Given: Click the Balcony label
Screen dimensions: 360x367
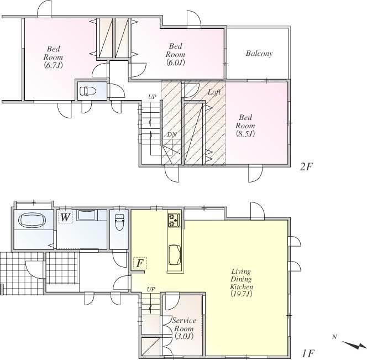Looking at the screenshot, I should [259, 54].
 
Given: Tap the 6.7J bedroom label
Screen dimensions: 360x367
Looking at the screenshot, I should [54, 57].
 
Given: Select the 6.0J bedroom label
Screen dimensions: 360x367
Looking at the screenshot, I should [176, 54].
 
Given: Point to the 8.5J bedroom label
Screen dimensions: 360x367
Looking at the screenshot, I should [245, 126].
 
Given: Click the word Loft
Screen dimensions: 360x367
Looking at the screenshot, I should [214, 92].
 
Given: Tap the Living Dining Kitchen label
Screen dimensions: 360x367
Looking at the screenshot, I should [242, 283].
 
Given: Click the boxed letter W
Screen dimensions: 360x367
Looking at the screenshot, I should [65, 217].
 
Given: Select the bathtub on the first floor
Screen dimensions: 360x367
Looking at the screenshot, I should [34, 221].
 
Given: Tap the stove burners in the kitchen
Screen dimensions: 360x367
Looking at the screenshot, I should [174, 220].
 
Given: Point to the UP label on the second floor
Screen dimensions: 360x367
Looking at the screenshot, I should [151, 97].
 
